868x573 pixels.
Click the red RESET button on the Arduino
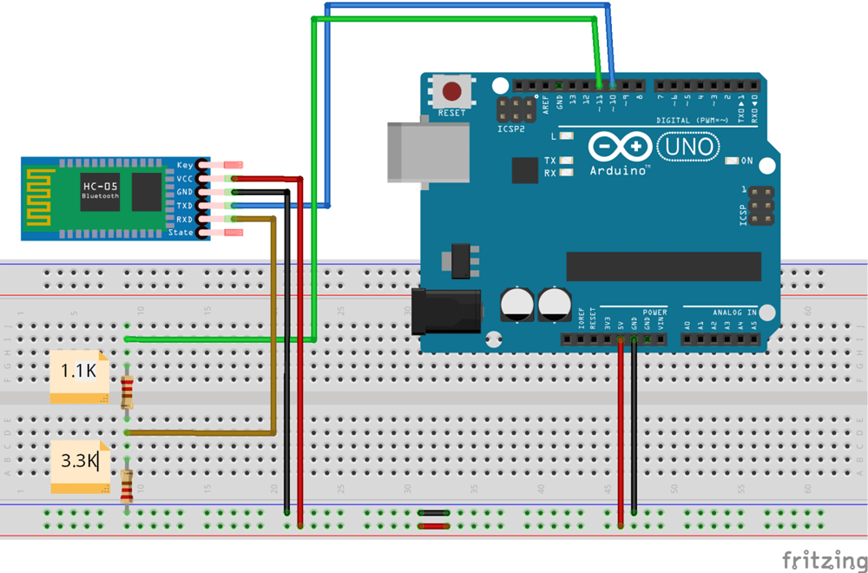tap(451, 91)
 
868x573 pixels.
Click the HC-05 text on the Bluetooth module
tap(100, 186)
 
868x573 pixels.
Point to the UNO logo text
tap(688, 147)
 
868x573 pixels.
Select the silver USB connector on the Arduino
tap(425, 153)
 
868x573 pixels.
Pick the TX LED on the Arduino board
tap(567, 161)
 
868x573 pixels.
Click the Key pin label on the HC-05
tap(185, 165)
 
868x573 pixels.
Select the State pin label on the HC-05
tap(181, 233)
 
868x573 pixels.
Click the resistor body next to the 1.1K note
tap(128, 392)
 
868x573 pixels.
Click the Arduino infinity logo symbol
tap(620, 146)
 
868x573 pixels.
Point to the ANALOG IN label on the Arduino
tap(734, 312)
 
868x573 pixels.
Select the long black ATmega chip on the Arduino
tap(663, 267)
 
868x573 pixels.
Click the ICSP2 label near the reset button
tap(510, 129)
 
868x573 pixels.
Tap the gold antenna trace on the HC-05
tap(39, 199)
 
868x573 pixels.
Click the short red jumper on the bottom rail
tap(432, 525)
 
